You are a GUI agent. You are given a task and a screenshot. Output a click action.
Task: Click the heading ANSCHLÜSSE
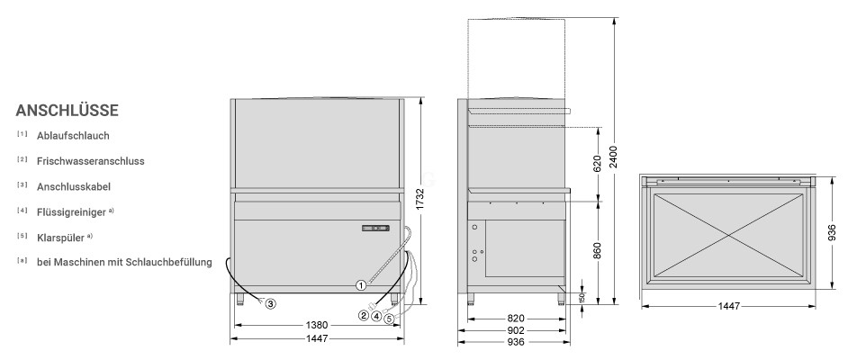[68, 111]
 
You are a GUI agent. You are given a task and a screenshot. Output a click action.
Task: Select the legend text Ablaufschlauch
[73, 136]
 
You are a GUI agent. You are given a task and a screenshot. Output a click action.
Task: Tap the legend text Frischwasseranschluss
[91, 161]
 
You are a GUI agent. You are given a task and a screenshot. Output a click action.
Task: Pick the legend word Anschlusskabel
[74, 187]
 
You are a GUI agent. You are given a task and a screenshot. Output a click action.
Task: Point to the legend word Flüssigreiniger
[71, 212]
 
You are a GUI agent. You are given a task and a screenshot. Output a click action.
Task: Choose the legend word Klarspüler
[60, 238]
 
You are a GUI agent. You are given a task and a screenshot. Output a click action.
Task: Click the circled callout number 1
[361, 284]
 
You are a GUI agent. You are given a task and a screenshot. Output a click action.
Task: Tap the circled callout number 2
[364, 315]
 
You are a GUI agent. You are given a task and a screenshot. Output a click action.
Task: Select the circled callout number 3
[271, 302]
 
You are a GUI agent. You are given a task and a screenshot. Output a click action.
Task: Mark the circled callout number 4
[376, 315]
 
